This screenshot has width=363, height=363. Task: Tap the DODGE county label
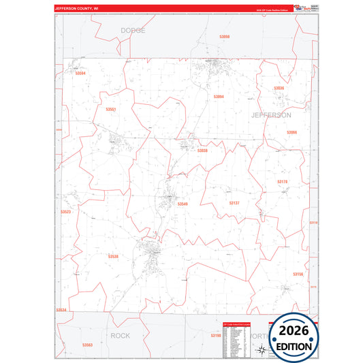pyautogui.click(x=133, y=31)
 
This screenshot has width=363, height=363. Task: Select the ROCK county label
pyautogui.click(x=120, y=336)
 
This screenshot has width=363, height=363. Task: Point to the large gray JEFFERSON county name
pyautogui.click(x=271, y=115)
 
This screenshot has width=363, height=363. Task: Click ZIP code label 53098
pyautogui.click(x=225, y=37)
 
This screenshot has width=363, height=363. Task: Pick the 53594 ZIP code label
pyautogui.click(x=80, y=73)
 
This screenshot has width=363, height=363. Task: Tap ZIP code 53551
pyautogui.click(x=111, y=110)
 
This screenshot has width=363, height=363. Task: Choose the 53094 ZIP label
pyautogui.click(x=219, y=97)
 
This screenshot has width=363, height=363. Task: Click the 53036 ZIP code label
pyautogui.click(x=279, y=89)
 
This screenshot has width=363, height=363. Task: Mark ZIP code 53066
pyautogui.click(x=291, y=132)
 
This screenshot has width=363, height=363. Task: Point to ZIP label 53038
pyautogui.click(x=202, y=151)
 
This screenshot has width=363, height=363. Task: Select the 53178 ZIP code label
pyautogui.click(x=283, y=182)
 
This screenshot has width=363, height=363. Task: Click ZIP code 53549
pyautogui.click(x=183, y=204)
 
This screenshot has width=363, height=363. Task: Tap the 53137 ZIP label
pyautogui.click(x=234, y=203)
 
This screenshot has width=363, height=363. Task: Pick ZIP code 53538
pyautogui.click(x=113, y=257)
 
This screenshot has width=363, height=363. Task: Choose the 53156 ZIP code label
pyautogui.click(x=298, y=274)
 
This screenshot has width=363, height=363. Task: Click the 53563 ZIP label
pyautogui.click(x=87, y=345)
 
